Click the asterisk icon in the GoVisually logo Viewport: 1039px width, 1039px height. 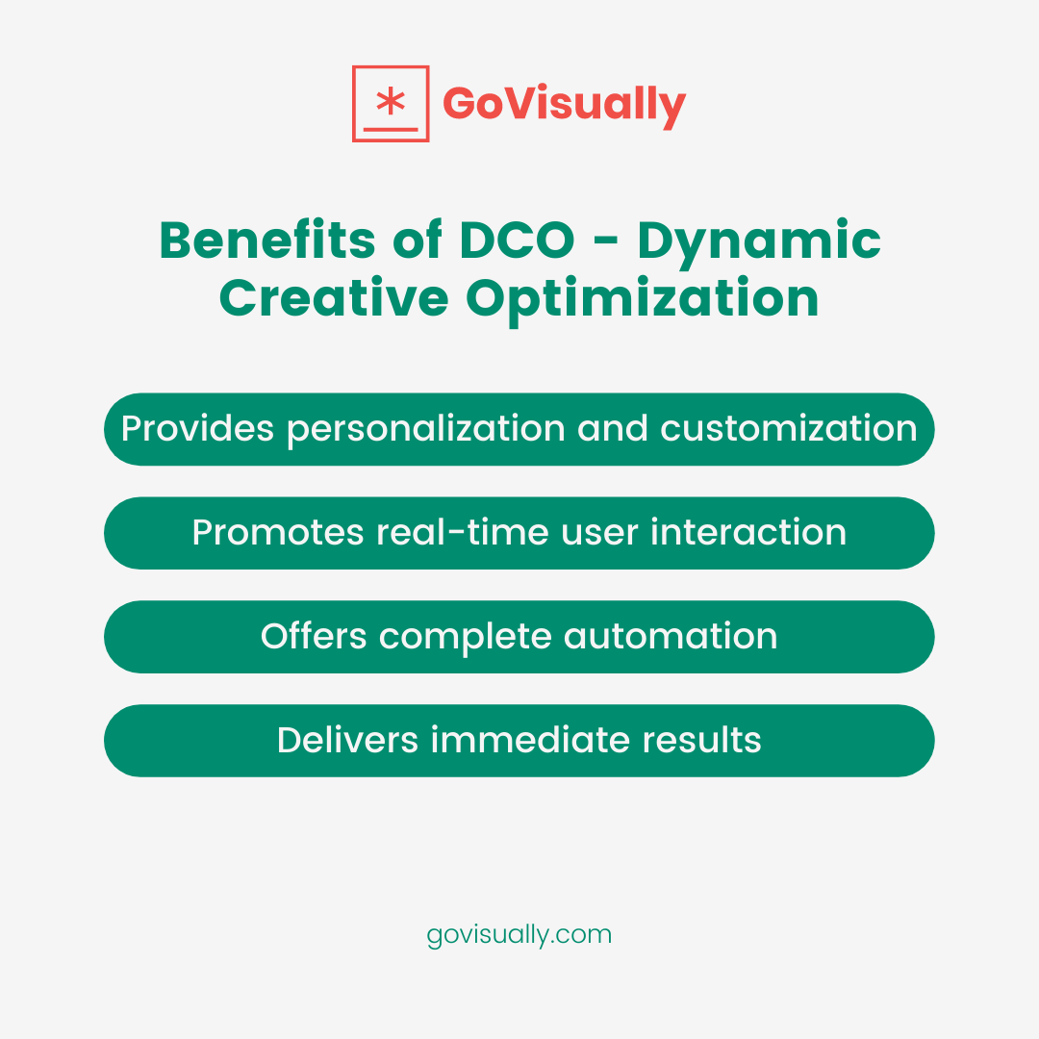pos(390,101)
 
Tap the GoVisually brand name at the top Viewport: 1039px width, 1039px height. pos(565,104)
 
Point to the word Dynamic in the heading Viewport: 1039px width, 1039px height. pos(759,242)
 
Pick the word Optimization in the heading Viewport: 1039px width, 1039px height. pos(643,300)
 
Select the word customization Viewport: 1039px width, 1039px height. pos(788,429)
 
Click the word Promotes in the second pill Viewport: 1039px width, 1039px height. pos(277,533)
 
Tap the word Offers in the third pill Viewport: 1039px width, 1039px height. pos(314,637)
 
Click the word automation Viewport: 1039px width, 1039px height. pos(671,637)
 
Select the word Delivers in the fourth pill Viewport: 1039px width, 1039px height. pos(347,741)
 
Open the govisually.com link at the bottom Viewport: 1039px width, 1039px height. pos(519,935)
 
